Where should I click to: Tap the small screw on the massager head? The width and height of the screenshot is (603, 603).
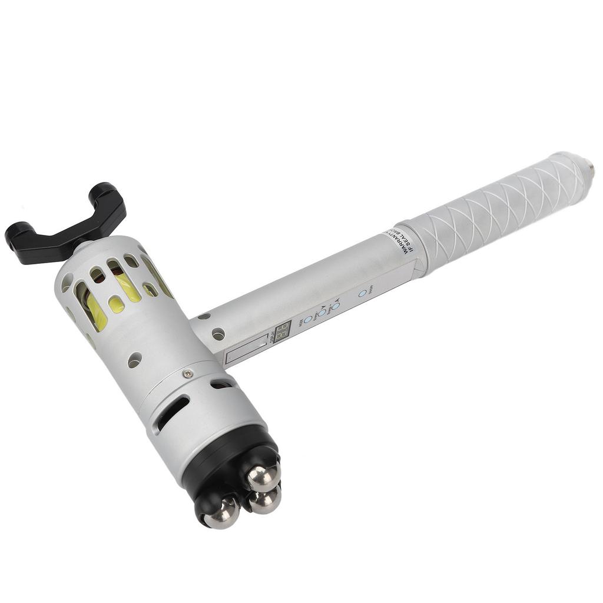(187, 373)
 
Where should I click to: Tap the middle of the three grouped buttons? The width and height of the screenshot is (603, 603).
(322, 312)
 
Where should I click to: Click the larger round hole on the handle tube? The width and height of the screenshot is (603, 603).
(218, 334)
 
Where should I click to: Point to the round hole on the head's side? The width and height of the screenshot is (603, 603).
(135, 360)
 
